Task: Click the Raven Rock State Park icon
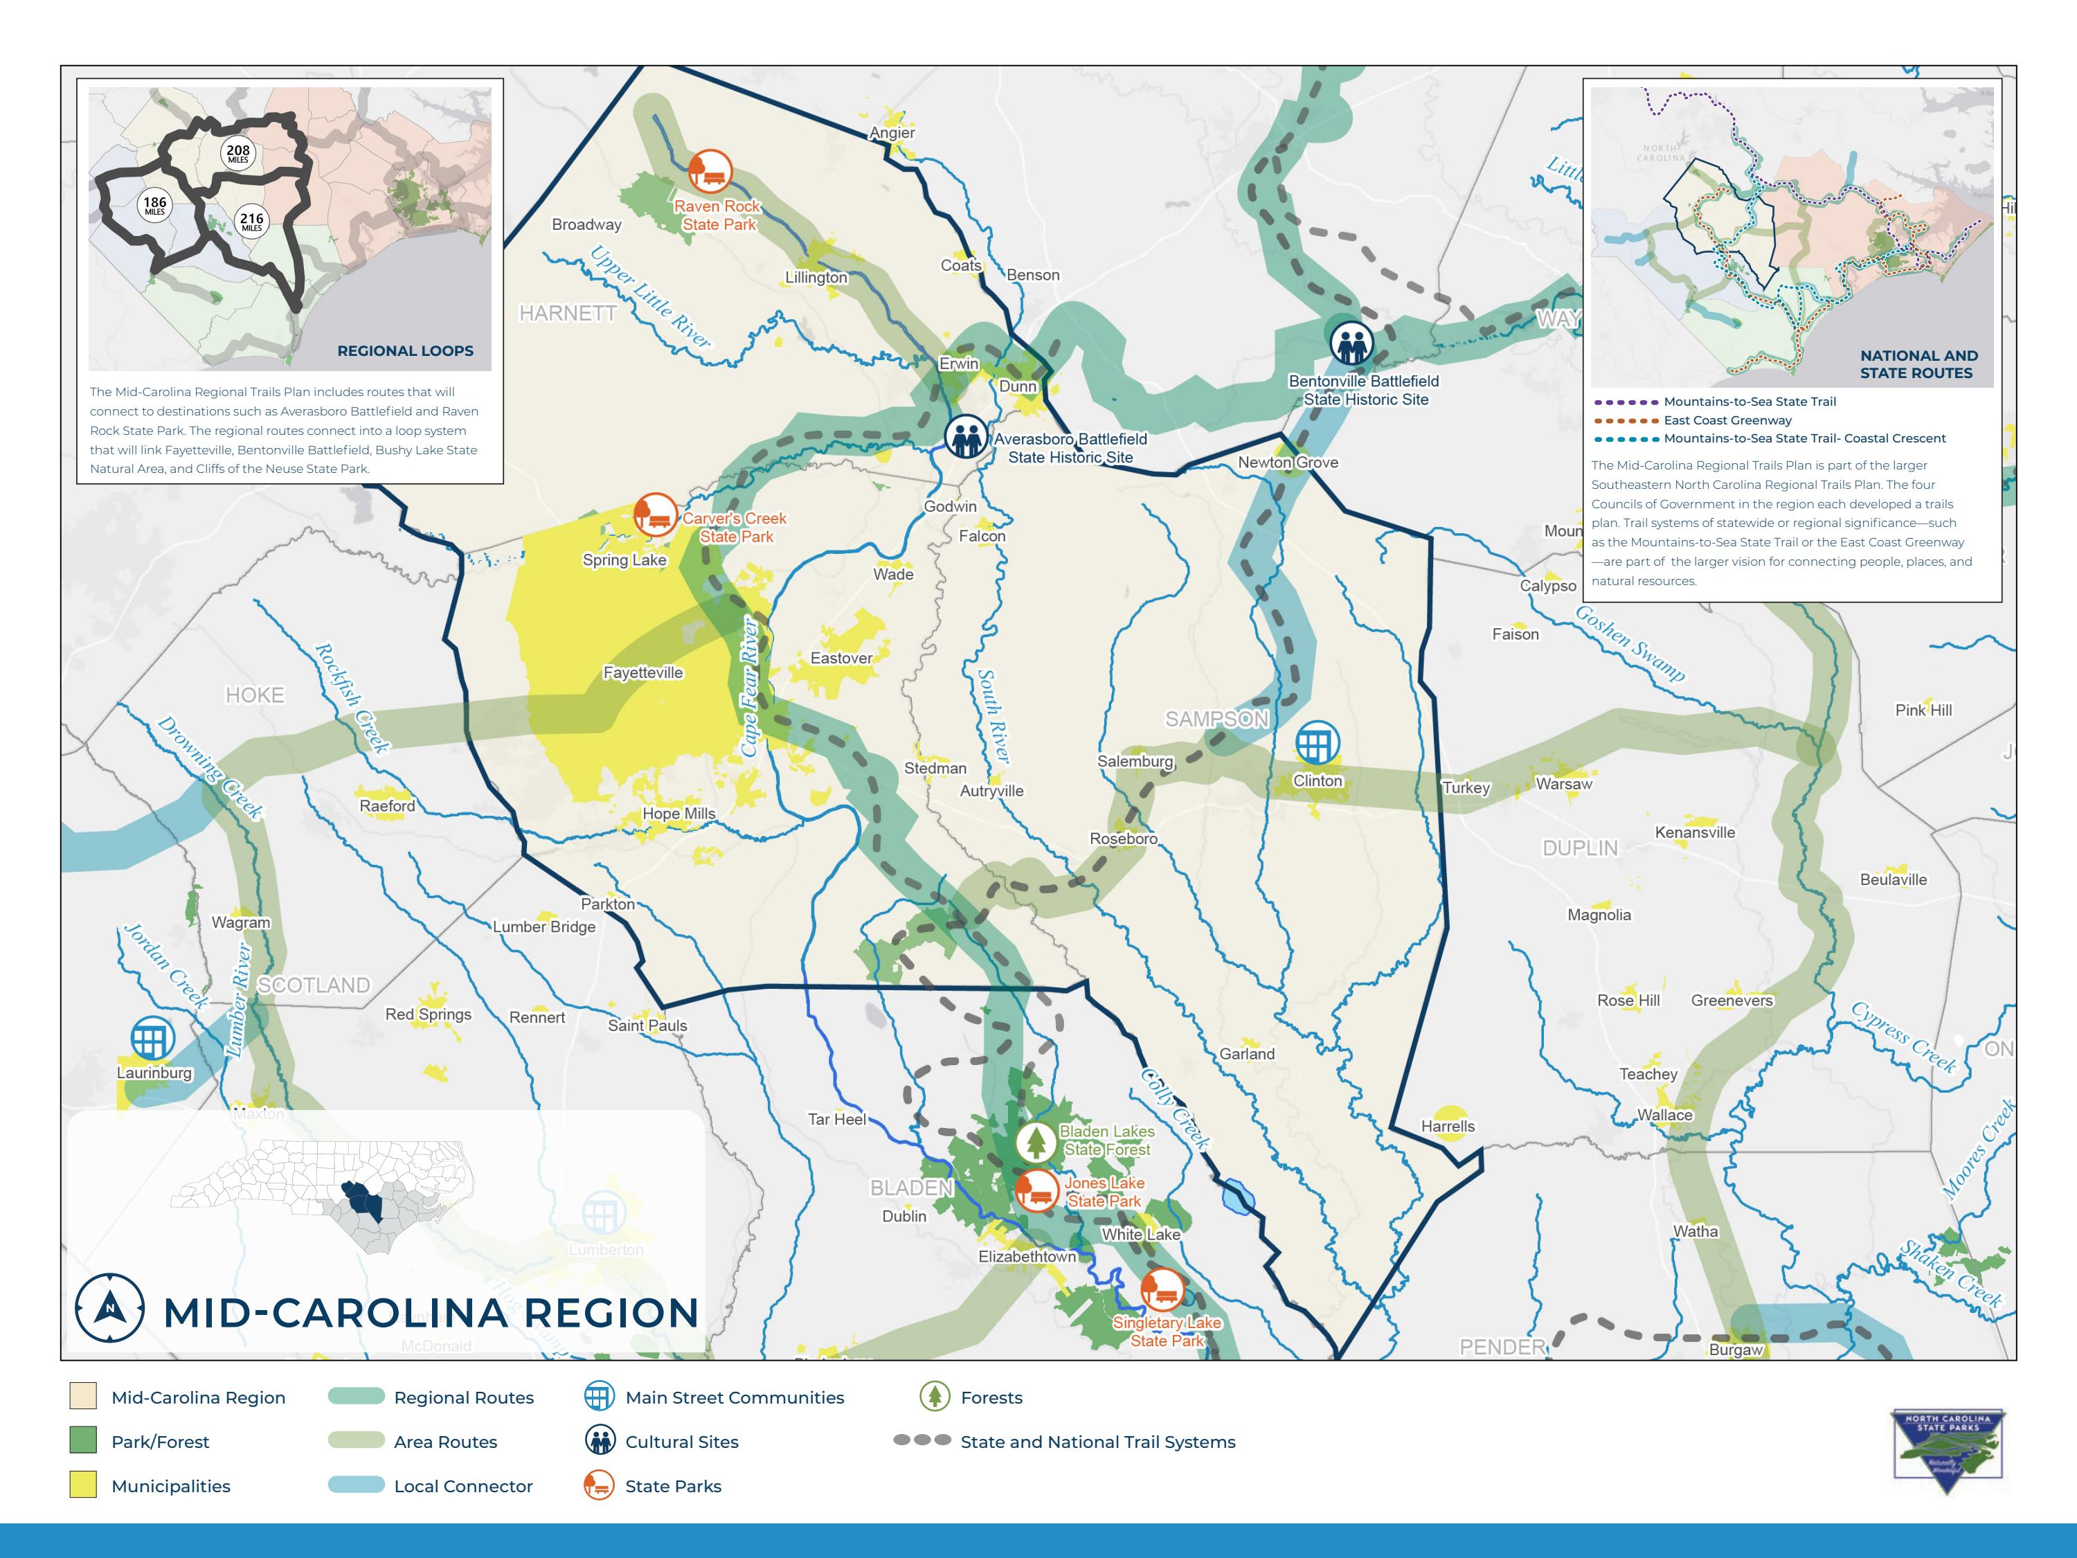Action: click(710, 171)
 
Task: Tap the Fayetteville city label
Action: click(642, 672)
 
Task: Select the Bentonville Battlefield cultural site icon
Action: click(1351, 343)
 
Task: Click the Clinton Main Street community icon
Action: click(1316, 744)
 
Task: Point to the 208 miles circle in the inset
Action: click(237, 153)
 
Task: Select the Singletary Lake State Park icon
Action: click(1162, 1290)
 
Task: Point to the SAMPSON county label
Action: click(1217, 719)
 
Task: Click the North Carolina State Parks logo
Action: click(1948, 1451)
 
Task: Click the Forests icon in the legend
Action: click(933, 1397)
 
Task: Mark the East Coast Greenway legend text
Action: click(1727, 420)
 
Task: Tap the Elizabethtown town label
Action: click(1027, 1257)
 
